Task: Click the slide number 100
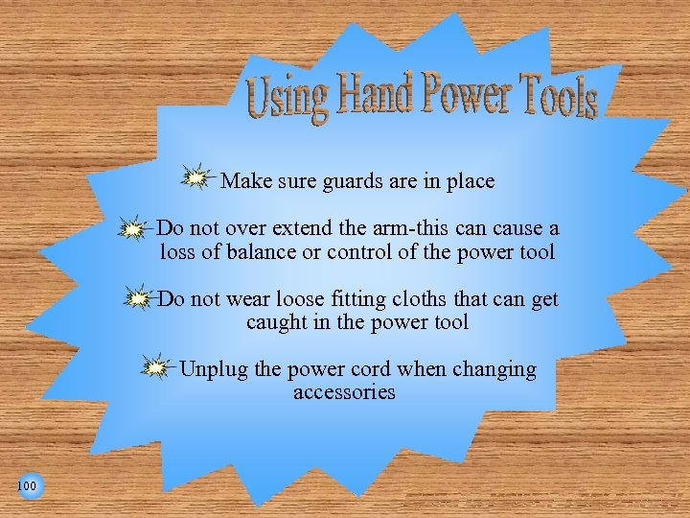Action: [x=27, y=486]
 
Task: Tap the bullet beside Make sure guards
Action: [x=195, y=177]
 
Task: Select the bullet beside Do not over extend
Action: [x=132, y=229]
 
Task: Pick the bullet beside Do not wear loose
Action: [x=138, y=299]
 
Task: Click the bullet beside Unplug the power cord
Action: [x=153, y=367]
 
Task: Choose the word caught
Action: [x=276, y=322]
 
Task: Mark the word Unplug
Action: [x=214, y=369]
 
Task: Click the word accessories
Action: [x=344, y=392]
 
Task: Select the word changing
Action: [x=492, y=370]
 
